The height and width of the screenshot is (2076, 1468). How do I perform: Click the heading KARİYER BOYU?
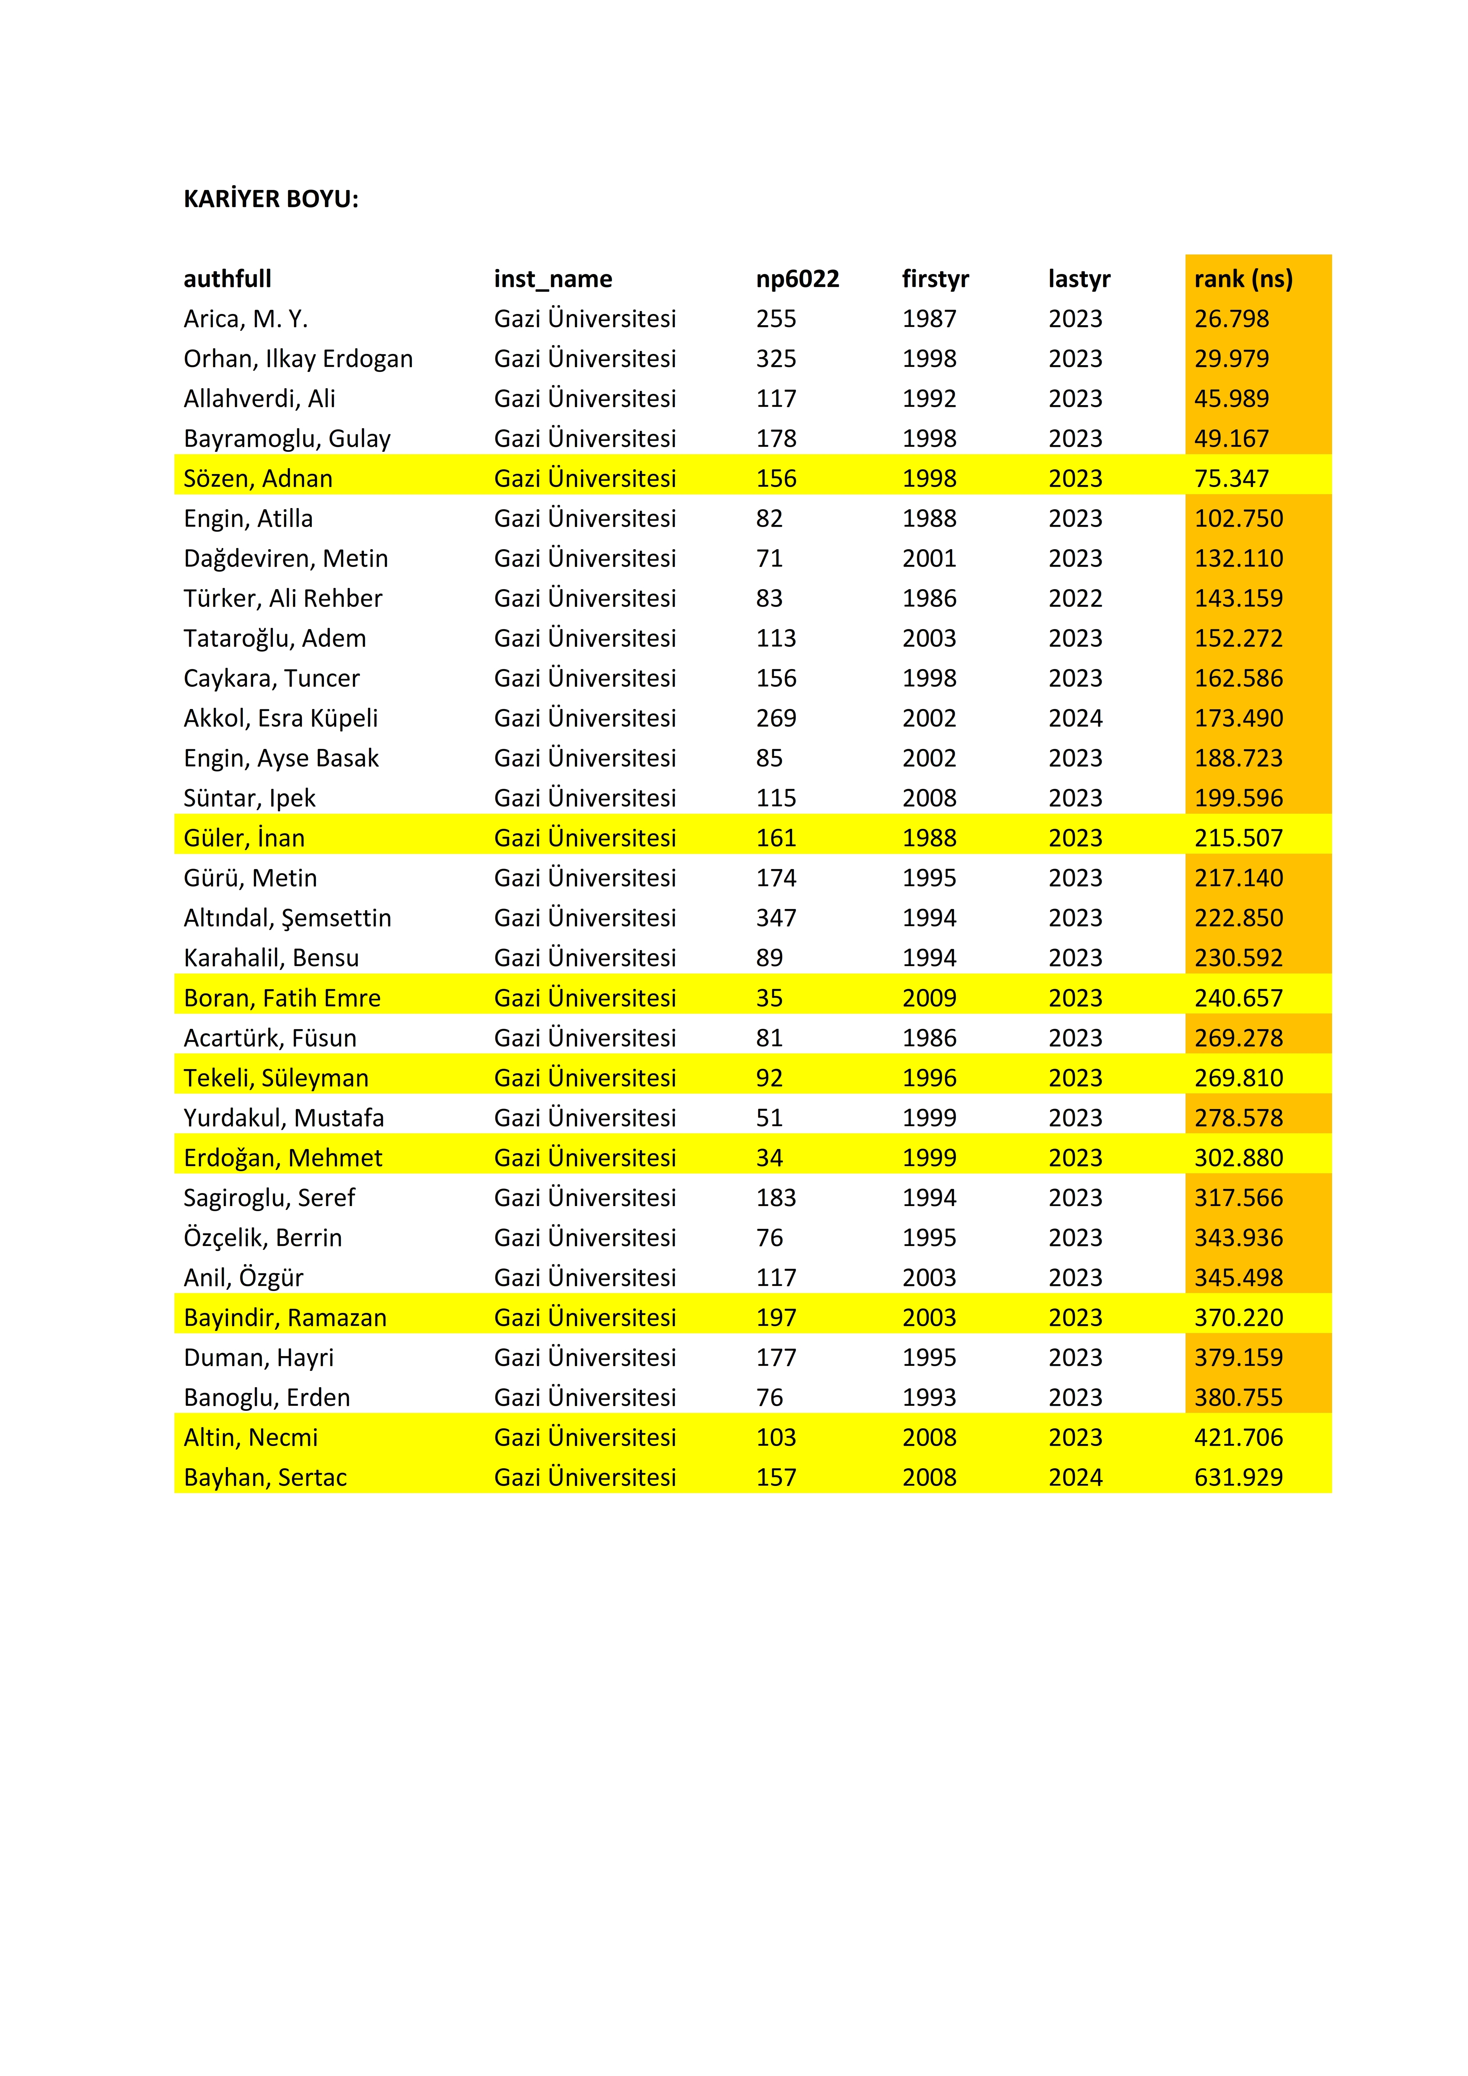[270, 199]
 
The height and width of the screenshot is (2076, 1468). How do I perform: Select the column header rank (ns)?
[1243, 278]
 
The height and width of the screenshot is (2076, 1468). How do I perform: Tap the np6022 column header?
[797, 278]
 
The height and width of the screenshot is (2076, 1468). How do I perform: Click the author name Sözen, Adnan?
[258, 478]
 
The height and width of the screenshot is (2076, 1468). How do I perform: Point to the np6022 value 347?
[776, 918]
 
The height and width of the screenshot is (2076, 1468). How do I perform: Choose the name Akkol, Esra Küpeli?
[280, 718]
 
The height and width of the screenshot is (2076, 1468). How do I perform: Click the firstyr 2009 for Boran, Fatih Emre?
[929, 998]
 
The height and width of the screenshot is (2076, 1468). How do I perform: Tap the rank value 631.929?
[1238, 1477]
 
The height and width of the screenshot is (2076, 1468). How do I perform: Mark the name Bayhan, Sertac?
[265, 1477]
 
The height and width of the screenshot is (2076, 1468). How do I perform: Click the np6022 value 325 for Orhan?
[776, 359]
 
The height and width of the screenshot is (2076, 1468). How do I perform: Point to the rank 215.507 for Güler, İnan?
[1238, 838]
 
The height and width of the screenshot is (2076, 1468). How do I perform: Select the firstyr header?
[935, 278]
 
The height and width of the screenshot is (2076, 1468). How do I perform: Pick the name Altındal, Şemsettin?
[287, 918]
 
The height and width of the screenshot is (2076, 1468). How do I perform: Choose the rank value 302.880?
[1238, 1158]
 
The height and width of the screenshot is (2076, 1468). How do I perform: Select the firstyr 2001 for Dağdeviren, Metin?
[929, 559]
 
